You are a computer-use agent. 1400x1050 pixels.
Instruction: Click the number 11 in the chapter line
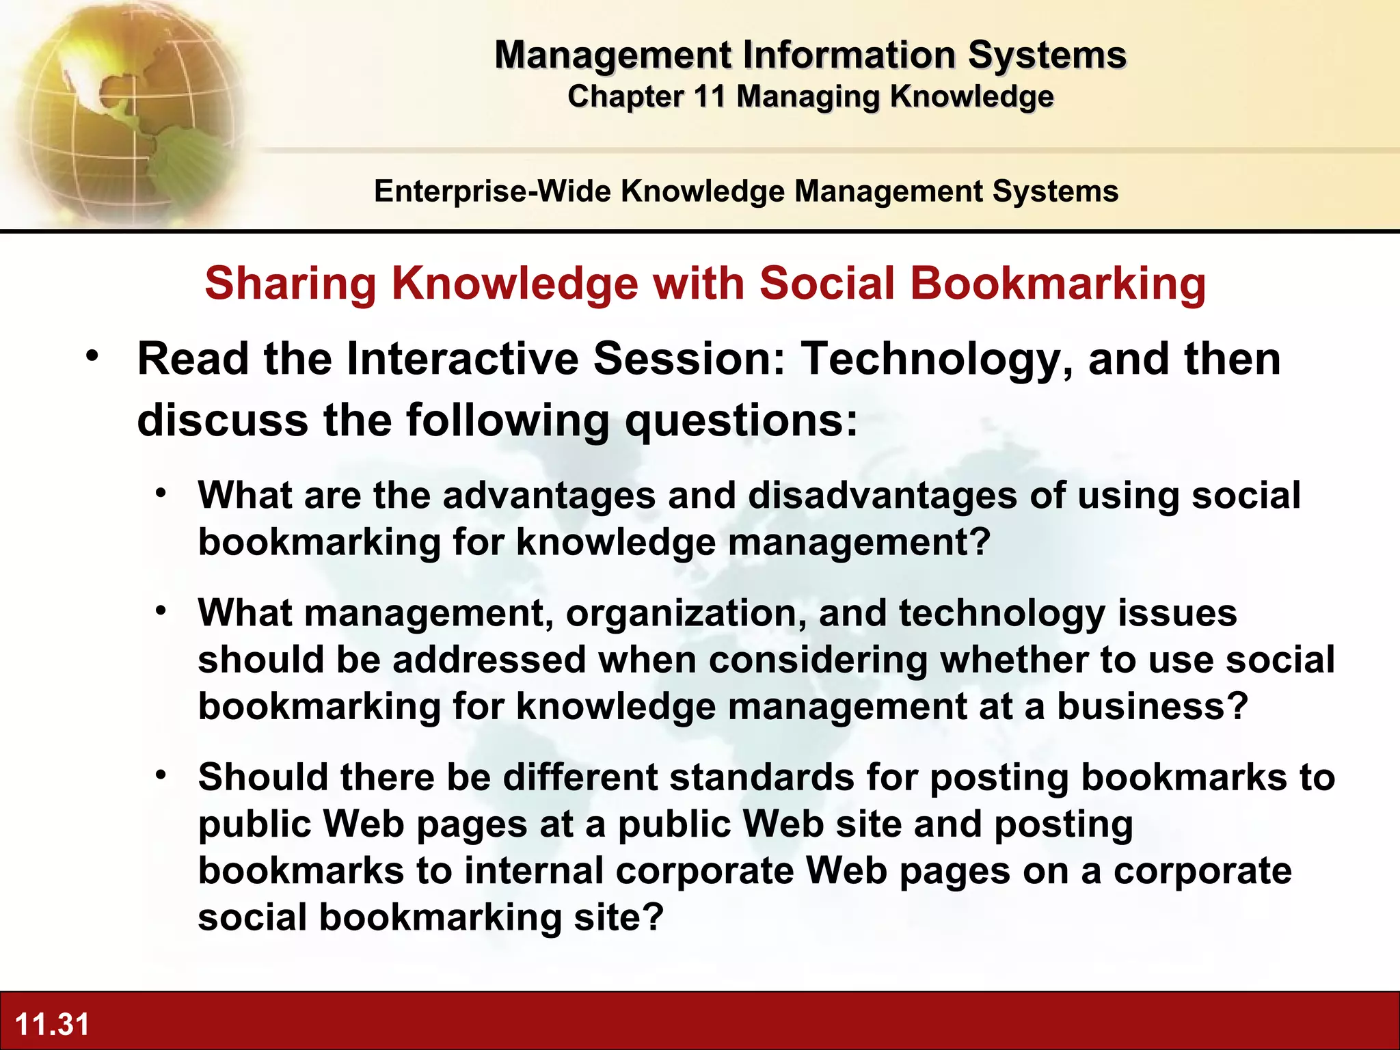pyautogui.click(x=709, y=96)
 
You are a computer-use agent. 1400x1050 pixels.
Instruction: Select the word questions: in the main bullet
pyautogui.click(x=741, y=420)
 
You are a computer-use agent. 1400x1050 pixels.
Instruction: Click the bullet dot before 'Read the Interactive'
pyautogui.click(x=93, y=356)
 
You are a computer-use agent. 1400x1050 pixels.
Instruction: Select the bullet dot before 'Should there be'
pyautogui.click(x=161, y=775)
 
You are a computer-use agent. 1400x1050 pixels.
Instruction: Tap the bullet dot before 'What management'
pyautogui.click(x=161, y=610)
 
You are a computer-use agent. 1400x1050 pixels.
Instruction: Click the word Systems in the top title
pyautogui.click(x=1047, y=55)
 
